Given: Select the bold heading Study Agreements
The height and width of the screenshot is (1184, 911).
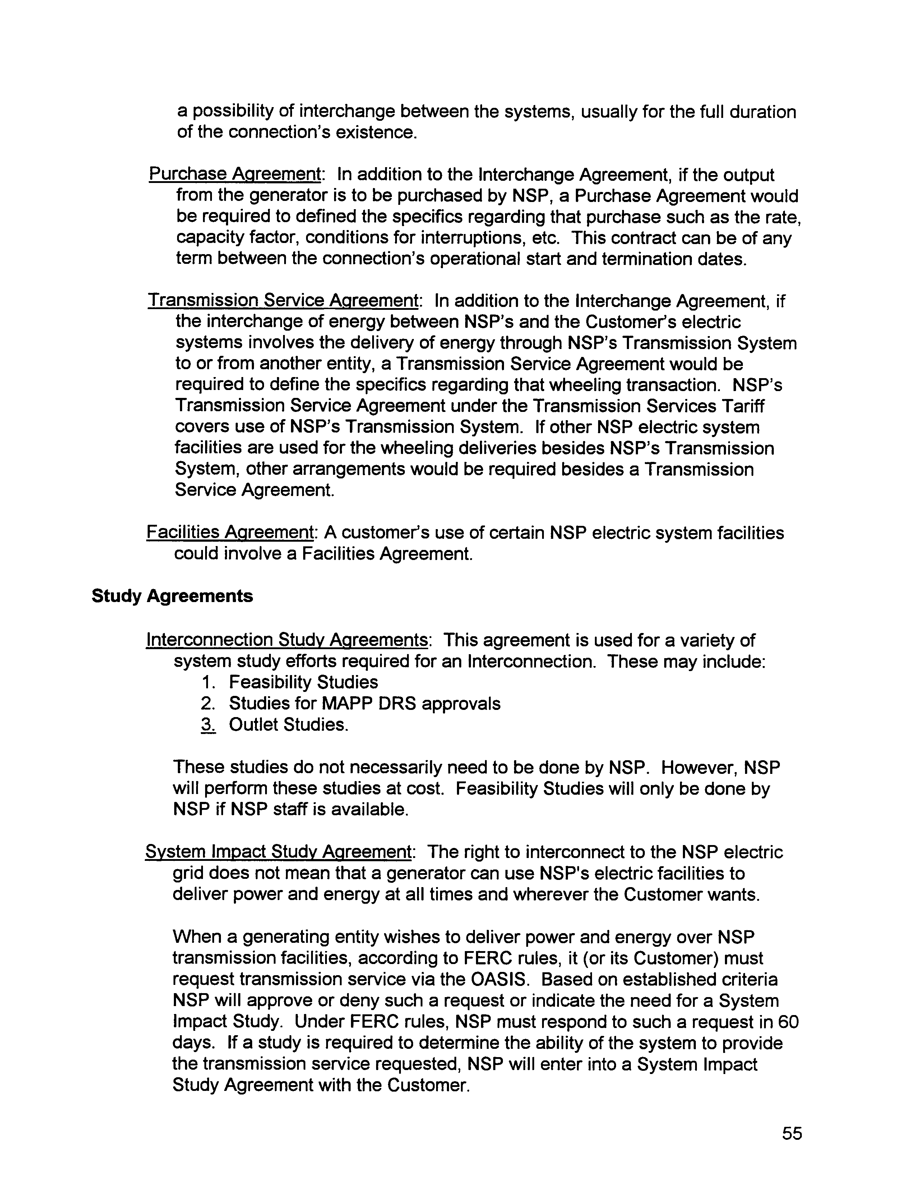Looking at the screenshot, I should point(172,596).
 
